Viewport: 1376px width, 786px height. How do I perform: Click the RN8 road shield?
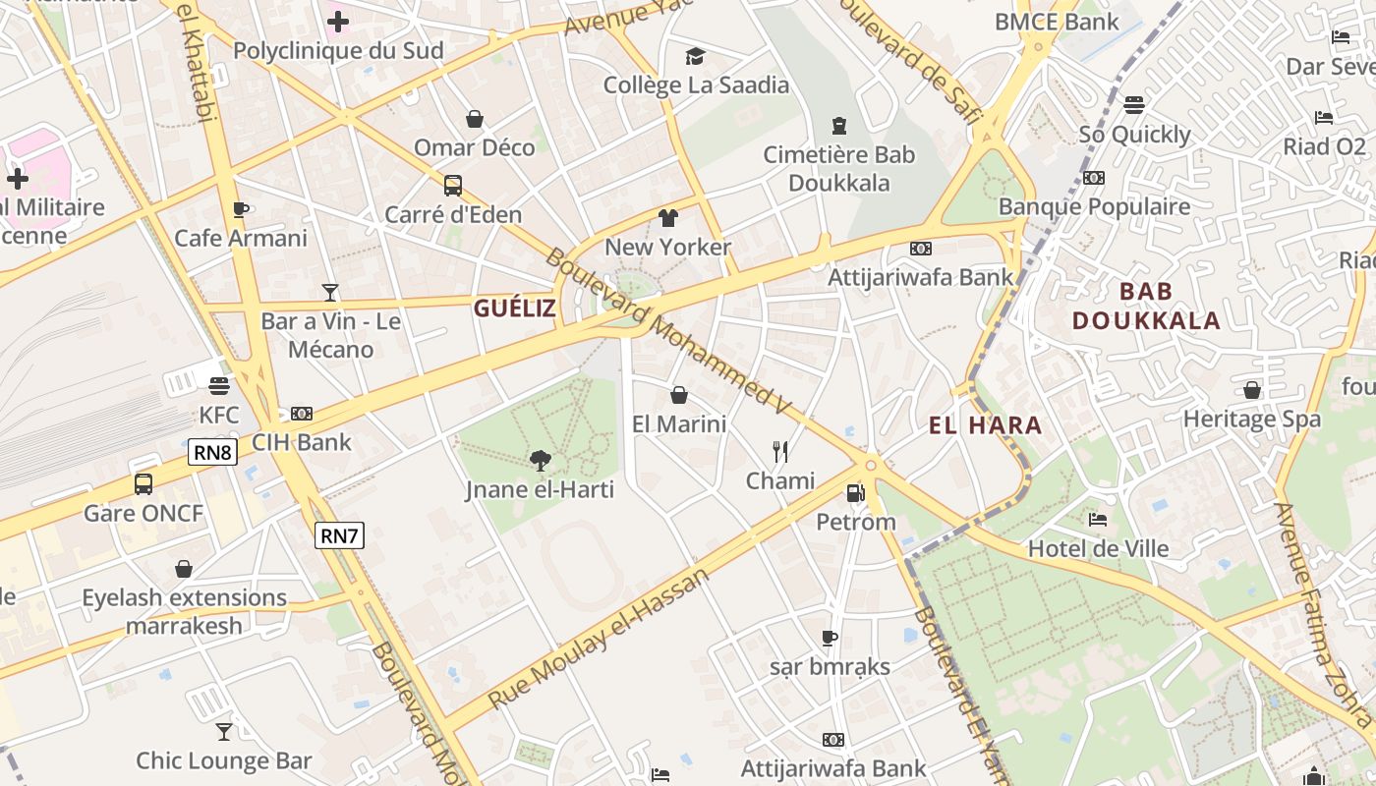coord(212,452)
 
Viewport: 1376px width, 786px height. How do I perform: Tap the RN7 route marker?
coord(339,535)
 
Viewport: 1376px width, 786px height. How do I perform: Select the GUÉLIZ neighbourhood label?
coord(515,309)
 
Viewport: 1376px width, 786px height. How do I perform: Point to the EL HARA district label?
coord(986,425)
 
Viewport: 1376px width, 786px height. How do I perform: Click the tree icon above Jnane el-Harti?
coord(540,460)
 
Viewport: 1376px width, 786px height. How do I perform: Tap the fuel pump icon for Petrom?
coord(855,492)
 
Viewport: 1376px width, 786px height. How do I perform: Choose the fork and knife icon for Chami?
coord(780,452)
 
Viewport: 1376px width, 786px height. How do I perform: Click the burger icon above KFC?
coord(218,386)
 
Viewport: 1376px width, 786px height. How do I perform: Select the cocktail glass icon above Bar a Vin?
coord(330,292)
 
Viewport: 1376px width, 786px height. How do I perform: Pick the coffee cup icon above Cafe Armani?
coord(241,209)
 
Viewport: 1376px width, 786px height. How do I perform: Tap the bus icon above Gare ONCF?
coord(143,483)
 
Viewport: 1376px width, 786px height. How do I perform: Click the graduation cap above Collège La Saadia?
coord(696,56)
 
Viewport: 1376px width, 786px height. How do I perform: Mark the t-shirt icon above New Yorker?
coord(668,217)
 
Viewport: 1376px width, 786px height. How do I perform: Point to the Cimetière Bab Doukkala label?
coord(839,169)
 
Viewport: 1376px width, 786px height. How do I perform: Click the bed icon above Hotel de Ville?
coord(1098,519)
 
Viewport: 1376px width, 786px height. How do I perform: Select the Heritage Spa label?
coord(1251,420)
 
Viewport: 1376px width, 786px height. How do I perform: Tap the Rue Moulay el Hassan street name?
coord(599,640)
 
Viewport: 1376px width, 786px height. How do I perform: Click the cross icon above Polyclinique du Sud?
coord(338,22)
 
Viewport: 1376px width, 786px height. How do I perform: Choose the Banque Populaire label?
coord(1094,206)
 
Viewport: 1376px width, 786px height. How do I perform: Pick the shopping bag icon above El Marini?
coord(678,395)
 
